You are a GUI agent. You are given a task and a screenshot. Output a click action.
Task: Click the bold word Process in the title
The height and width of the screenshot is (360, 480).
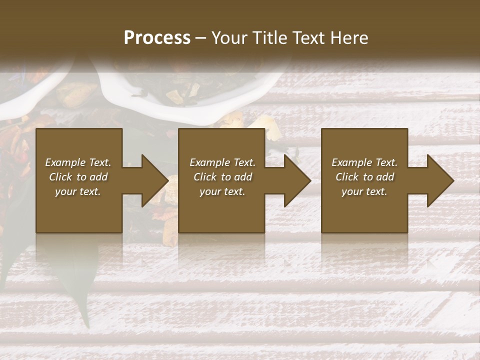pos(157,38)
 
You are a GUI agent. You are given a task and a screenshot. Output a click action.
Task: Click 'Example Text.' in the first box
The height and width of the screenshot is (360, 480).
pos(78,162)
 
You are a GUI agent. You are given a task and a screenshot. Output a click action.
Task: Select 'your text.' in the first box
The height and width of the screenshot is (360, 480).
pos(78,191)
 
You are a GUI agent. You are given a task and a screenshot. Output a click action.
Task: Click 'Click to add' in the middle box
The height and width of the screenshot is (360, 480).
pos(222,177)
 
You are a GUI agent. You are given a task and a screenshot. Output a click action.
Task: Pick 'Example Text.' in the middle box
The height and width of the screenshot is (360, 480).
pos(222,162)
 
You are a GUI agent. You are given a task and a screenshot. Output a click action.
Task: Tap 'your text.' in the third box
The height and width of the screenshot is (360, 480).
pos(364,191)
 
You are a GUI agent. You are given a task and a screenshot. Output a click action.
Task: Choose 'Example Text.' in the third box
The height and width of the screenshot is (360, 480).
pos(364,162)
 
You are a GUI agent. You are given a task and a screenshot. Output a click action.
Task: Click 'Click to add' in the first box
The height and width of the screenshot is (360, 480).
pos(78,177)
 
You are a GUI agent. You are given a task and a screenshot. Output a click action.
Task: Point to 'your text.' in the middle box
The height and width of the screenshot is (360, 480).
pos(222,191)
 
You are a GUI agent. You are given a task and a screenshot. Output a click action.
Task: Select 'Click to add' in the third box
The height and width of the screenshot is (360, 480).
pos(364,177)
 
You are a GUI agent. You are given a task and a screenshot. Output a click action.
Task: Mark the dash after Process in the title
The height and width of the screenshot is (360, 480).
pos(201,38)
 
